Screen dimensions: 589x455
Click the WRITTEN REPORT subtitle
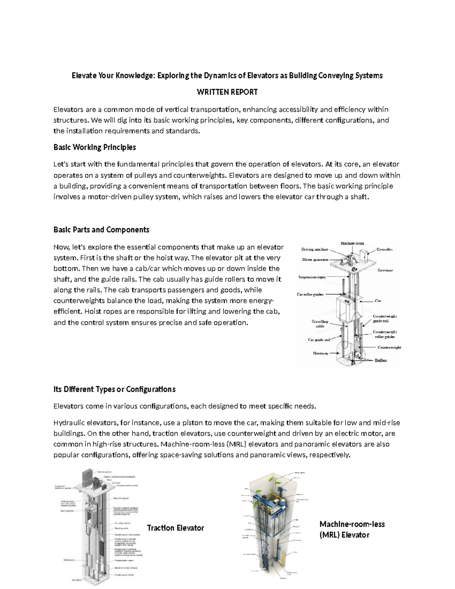click(x=227, y=92)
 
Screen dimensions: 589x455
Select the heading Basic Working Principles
click(x=94, y=147)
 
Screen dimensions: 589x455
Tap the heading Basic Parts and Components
click(x=101, y=230)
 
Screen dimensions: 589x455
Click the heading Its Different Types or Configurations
click(x=114, y=390)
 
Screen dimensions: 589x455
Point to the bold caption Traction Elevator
click(x=175, y=528)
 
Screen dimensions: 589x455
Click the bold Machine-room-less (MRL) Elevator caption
click(x=352, y=529)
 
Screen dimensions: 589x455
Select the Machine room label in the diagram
click(x=352, y=243)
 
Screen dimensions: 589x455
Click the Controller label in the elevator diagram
click(x=384, y=249)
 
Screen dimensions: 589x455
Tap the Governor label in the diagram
click(x=385, y=270)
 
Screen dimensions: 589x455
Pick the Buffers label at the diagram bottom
click(x=381, y=360)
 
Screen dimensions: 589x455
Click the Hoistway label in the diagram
click(x=320, y=353)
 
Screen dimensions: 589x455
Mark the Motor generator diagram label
click(x=315, y=260)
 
